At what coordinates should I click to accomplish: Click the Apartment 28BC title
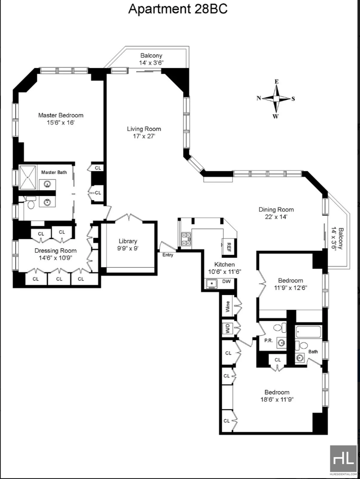point(178,9)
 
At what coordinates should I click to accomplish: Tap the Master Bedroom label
point(61,115)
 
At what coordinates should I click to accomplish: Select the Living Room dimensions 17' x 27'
point(144,136)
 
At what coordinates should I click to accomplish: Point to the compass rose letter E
point(276,81)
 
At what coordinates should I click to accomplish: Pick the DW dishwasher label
point(226,282)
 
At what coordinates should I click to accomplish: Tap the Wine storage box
point(228,306)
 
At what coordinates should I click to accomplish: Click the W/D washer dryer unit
point(228,329)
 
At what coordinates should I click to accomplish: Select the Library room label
point(128,242)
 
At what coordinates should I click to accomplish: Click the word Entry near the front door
point(168,255)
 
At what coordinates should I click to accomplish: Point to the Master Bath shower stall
point(28,176)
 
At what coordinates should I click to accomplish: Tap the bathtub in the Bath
point(309,332)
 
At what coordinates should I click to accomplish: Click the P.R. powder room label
point(268,340)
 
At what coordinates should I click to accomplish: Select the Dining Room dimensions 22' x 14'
point(276,217)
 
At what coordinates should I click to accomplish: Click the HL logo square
point(343,459)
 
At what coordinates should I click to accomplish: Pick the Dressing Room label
point(56,251)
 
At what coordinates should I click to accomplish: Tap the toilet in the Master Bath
point(30,203)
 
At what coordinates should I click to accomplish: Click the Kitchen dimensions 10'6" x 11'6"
point(225,272)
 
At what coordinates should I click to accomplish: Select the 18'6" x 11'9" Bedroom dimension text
point(277,399)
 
